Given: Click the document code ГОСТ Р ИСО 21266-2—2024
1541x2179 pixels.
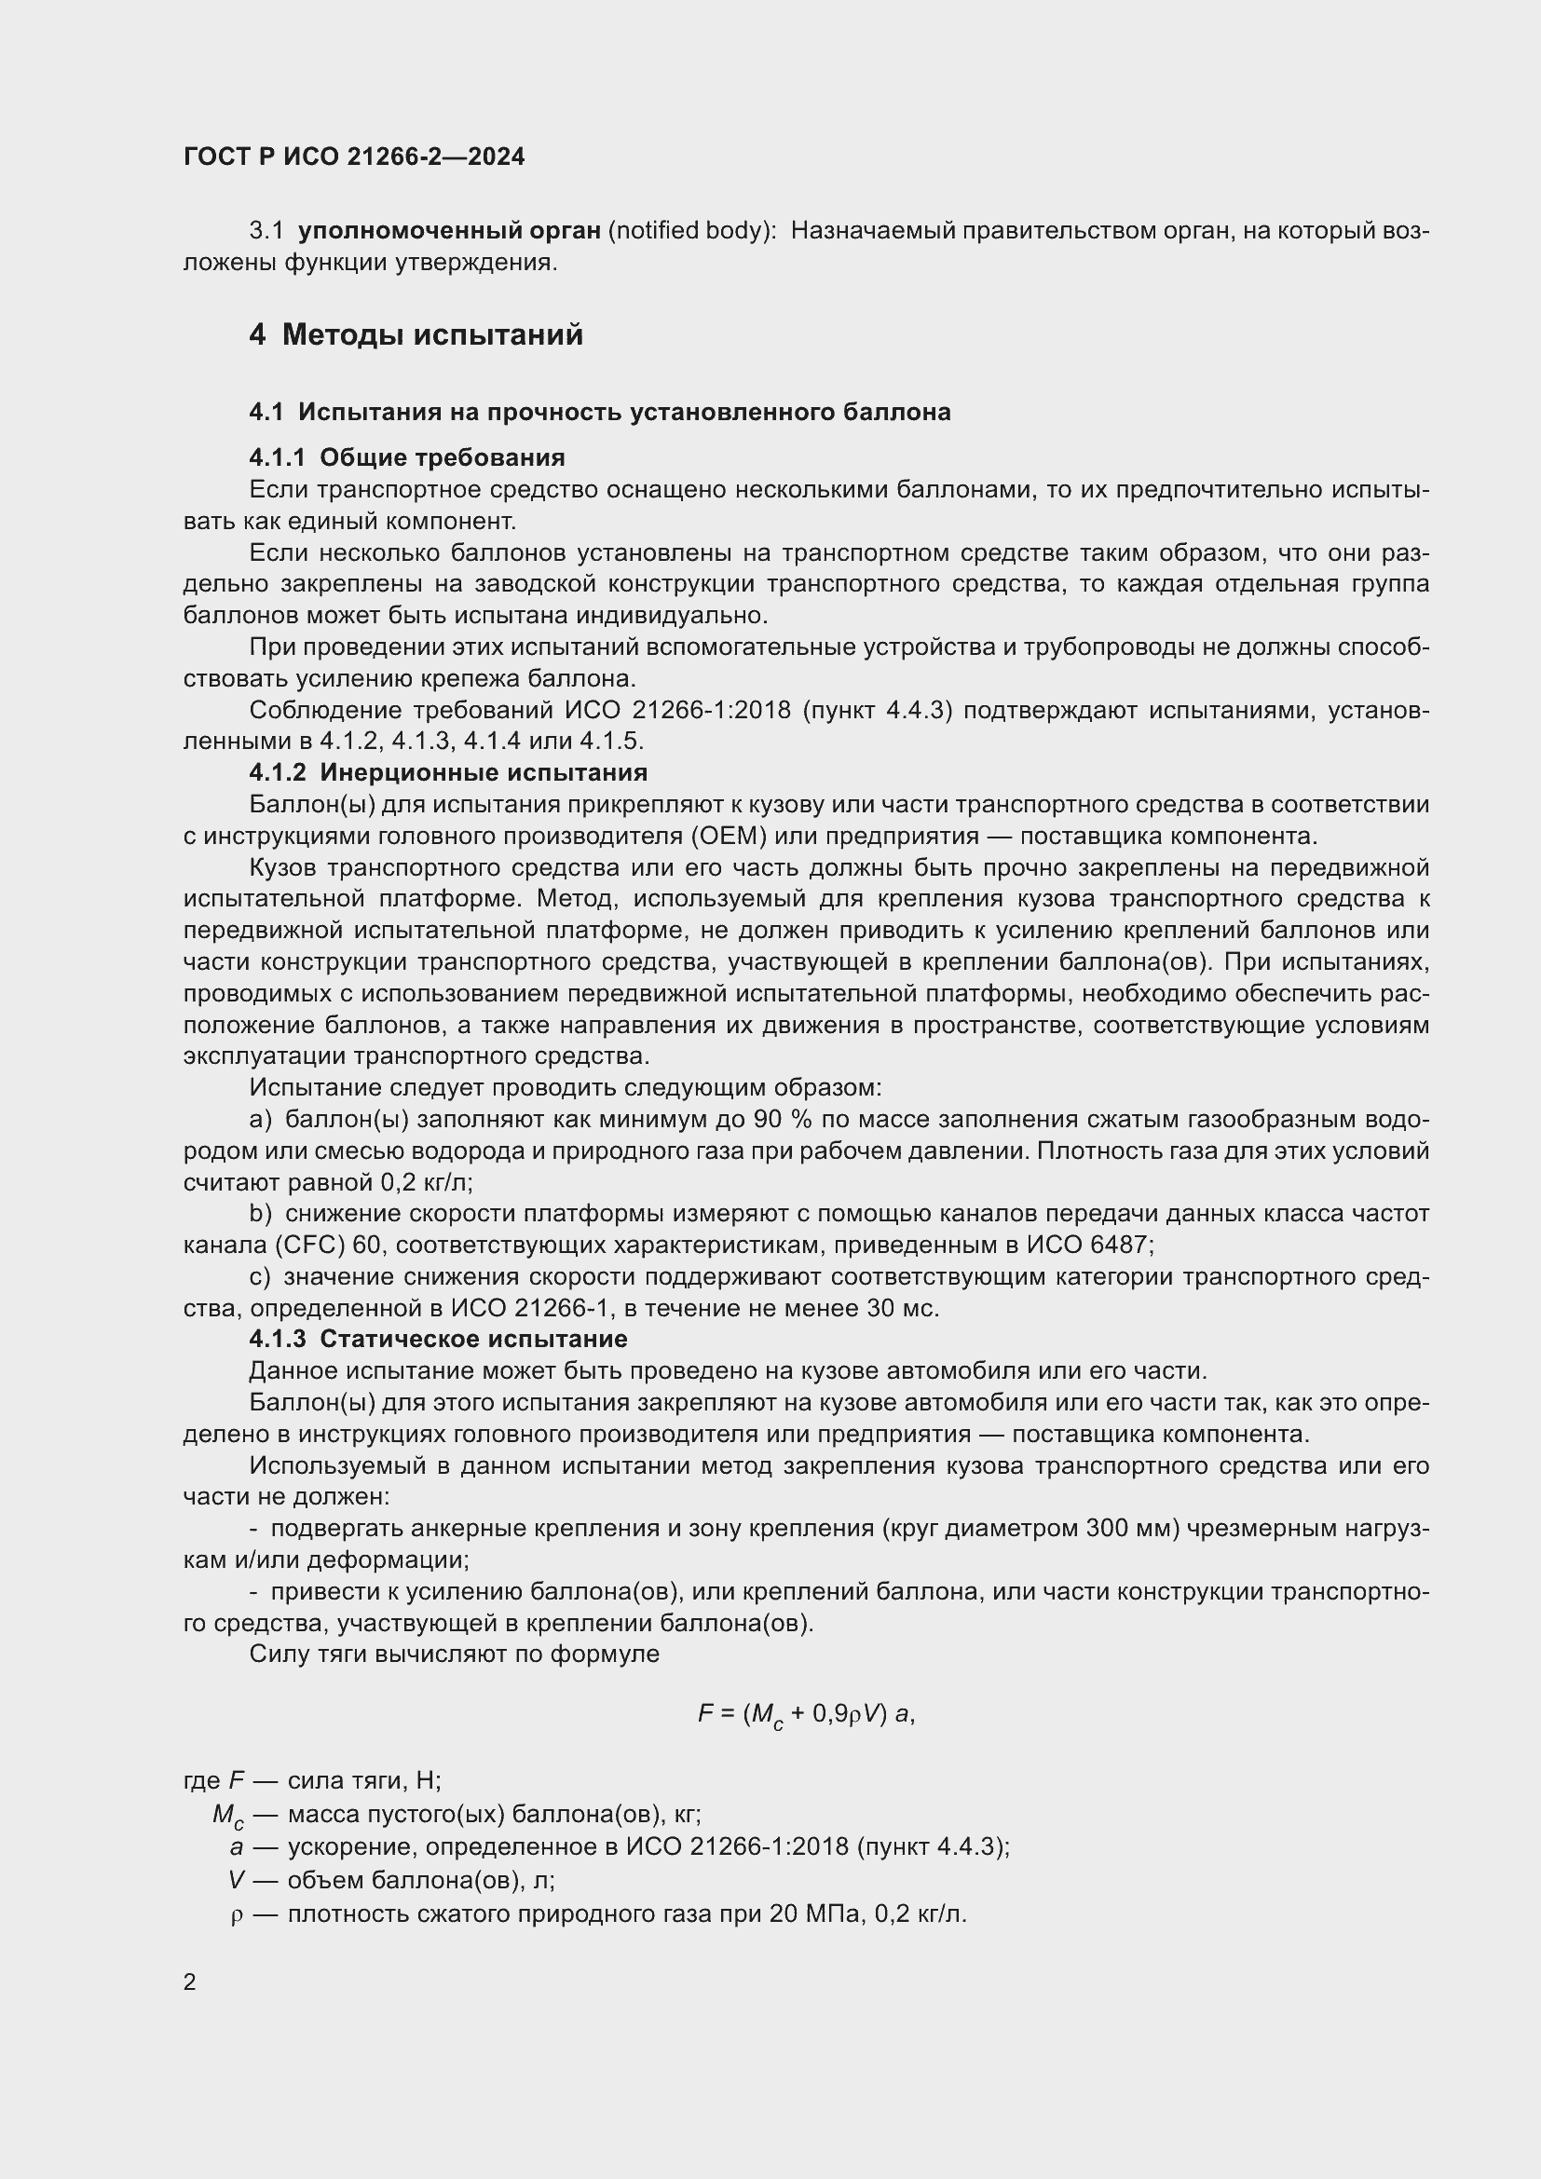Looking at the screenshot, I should (x=354, y=157).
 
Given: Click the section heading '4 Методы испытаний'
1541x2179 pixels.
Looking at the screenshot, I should (x=416, y=335).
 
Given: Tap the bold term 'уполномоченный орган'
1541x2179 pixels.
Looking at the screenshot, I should (x=449, y=231).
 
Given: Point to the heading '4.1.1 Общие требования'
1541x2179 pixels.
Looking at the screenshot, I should (x=406, y=457).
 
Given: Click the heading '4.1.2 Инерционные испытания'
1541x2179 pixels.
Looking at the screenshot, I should (x=448, y=771).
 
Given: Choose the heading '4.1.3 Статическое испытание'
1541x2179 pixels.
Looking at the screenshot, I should (x=438, y=1339).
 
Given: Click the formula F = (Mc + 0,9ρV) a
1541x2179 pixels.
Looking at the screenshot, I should (x=806, y=1713).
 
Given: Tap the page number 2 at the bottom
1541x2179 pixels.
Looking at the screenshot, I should (x=190, y=1982).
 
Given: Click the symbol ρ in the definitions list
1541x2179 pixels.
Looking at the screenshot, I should (x=238, y=1914).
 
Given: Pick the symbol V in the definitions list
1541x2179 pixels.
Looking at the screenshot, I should (x=238, y=1880).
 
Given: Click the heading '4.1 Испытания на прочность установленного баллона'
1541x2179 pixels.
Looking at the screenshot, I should (x=600, y=412).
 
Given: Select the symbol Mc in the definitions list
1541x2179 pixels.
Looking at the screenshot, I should (x=228, y=1816).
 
